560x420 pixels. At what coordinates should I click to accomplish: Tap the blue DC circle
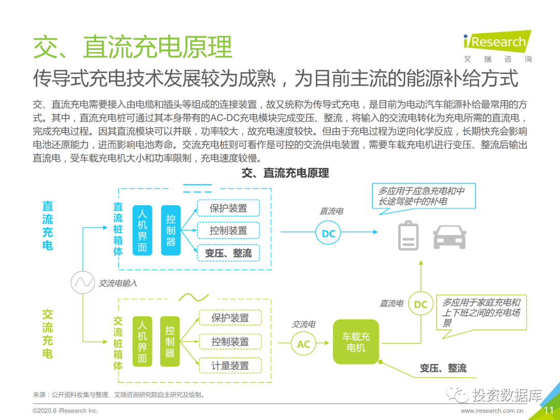pos(329,233)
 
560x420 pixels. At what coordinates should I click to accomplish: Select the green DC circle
pos(421,304)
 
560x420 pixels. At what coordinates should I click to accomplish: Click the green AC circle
pos(303,344)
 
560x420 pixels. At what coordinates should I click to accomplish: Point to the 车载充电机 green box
pos(356,342)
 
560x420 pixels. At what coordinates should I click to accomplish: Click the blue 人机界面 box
pos(142,230)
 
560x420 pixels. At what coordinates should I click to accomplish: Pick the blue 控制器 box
pos(171,230)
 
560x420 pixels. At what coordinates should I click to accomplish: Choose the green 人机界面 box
pos(142,341)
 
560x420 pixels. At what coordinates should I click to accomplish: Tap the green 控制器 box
pos(170,341)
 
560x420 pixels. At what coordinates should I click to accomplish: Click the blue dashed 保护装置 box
pos(228,208)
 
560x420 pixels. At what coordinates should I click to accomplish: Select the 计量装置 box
pos(230,366)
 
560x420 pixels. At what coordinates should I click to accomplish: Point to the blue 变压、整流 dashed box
pos(228,253)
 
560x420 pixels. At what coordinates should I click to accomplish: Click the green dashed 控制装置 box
pos(230,342)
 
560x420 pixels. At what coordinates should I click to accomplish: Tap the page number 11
pos(549,411)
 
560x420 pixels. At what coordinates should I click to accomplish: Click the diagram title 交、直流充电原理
pos(285,173)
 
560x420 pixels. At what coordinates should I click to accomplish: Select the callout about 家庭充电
pos(481,312)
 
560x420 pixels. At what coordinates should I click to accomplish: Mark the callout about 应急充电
pos(421,196)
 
